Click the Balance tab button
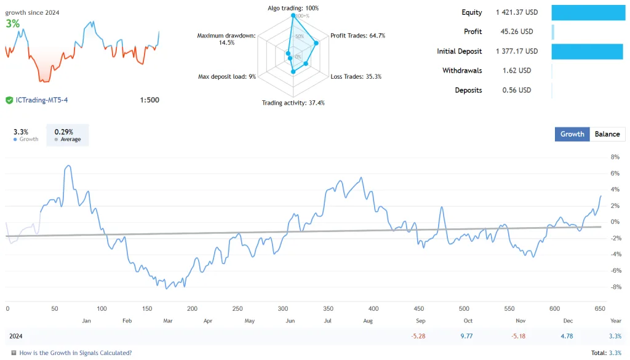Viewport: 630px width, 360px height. click(607, 134)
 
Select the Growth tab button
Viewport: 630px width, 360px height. click(572, 134)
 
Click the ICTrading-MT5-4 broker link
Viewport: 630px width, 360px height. click(41, 100)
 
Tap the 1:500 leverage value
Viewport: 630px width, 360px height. click(150, 100)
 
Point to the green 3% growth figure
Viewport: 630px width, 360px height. click(12, 23)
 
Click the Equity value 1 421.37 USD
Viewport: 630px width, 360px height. click(517, 12)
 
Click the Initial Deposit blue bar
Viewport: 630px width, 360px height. click(587, 51)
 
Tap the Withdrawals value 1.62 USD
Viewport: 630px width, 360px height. click(517, 71)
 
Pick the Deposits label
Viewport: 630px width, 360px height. click(468, 90)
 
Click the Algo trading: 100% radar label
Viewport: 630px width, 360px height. click(293, 8)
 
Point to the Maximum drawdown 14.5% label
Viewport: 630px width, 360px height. click(226, 39)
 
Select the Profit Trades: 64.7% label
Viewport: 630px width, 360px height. click(357, 36)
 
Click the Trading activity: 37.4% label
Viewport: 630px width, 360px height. click(293, 103)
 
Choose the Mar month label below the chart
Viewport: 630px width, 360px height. click(167, 321)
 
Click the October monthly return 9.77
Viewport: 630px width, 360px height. click(467, 336)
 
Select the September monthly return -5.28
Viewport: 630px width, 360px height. click(419, 336)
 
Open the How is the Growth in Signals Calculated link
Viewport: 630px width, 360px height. click(75, 353)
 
